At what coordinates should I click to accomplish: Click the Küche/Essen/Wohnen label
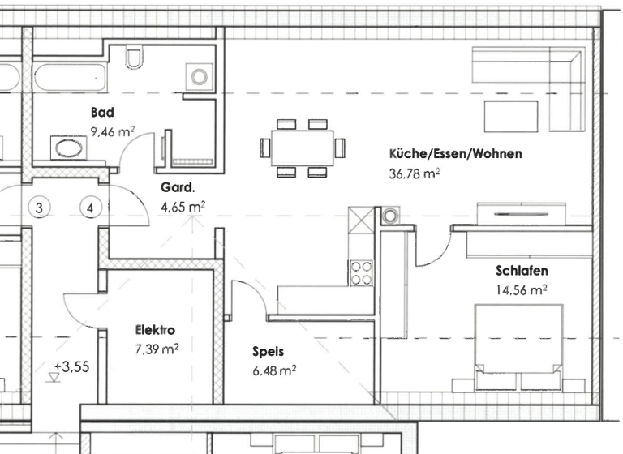coord(455,154)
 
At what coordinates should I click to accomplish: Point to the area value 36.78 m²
coord(415,173)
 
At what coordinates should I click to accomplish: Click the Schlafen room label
coord(521,271)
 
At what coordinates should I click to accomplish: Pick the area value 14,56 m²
coord(521,289)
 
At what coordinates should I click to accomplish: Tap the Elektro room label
coord(155,330)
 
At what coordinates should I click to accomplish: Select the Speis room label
coord(268,352)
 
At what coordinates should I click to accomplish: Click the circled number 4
coord(91,208)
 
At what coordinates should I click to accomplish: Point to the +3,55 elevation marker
coord(71,366)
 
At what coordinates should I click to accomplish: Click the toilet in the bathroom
coord(135,57)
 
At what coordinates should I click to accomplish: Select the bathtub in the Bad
coord(73,79)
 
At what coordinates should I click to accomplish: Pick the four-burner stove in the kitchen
coord(361,273)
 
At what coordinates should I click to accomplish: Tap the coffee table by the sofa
coord(511,115)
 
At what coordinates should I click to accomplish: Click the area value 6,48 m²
coord(274,370)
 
